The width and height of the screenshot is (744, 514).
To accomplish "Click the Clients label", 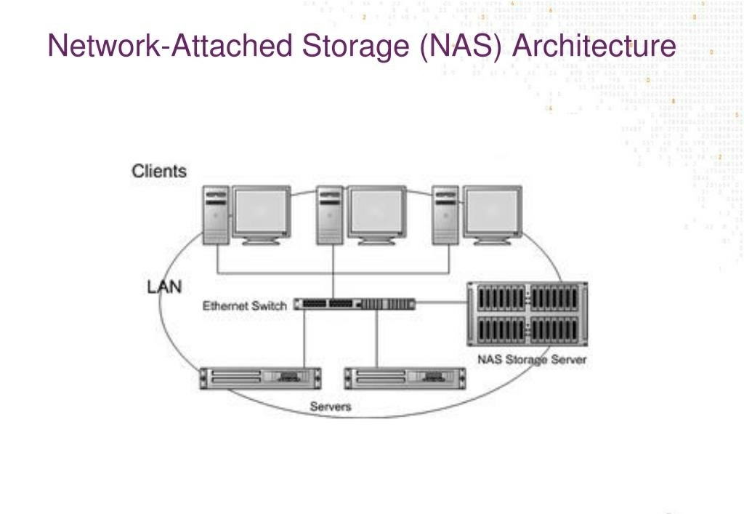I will [x=158, y=172].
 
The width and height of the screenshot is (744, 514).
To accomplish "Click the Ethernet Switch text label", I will [x=245, y=305].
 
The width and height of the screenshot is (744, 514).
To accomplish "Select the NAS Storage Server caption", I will [x=531, y=359].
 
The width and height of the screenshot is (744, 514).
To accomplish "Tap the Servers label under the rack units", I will [x=331, y=406].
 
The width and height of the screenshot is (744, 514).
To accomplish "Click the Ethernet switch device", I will [x=356, y=304].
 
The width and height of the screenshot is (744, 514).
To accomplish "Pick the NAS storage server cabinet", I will [x=527, y=314].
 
